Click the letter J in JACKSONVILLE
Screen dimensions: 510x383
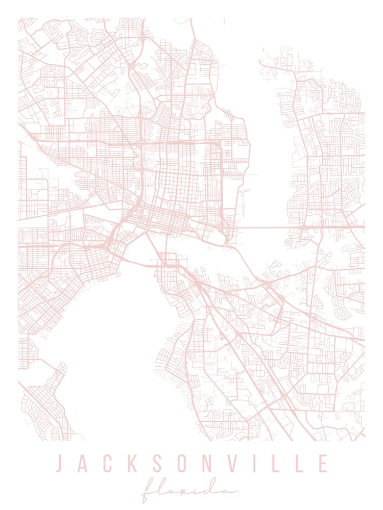(x=60, y=464)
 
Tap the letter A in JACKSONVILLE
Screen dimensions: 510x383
(x=83, y=464)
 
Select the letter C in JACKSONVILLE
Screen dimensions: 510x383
(x=107, y=464)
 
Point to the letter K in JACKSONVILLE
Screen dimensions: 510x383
(x=132, y=464)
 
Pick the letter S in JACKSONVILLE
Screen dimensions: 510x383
(x=157, y=464)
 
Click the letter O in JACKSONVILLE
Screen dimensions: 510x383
(x=182, y=464)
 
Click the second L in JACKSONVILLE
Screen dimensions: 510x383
(x=298, y=464)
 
